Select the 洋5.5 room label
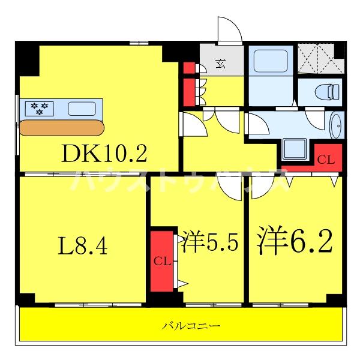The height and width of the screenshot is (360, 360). coord(211,243)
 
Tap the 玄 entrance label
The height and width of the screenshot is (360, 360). coord(220,64)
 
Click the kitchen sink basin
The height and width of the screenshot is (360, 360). coord(82,109)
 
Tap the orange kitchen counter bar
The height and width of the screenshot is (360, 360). coord(61,128)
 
